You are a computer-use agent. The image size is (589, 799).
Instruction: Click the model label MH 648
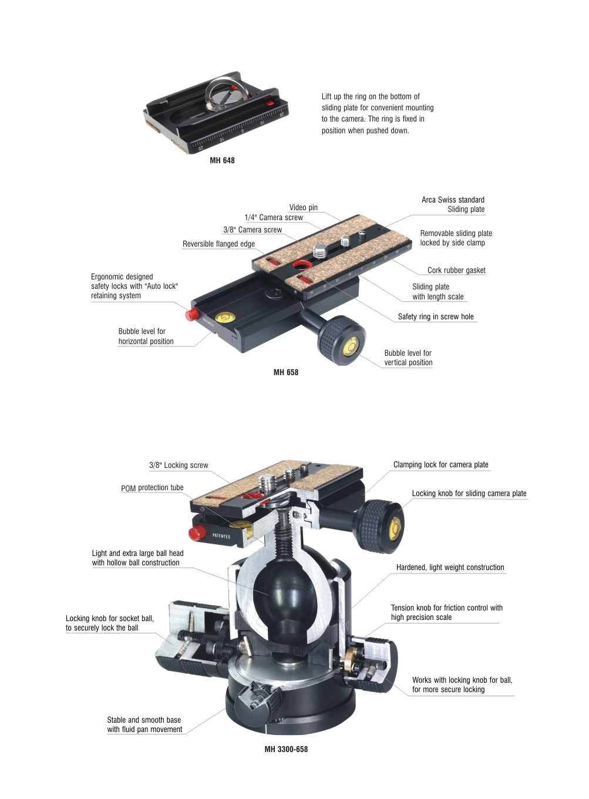click(222, 160)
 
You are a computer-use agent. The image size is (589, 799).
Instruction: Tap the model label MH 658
click(286, 372)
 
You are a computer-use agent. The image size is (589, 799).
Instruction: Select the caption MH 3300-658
click(286, 749)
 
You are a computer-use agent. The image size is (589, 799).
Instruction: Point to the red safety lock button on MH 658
click(192, 314)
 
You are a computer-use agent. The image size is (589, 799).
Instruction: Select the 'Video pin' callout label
click(303, 208)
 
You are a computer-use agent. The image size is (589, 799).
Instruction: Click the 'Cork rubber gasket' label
click(456, 271)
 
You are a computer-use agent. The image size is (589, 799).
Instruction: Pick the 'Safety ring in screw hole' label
click(436, 317)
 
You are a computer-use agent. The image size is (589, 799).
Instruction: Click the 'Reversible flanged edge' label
click(218, 244)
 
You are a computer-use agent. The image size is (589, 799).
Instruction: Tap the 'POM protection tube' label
click(152, 488)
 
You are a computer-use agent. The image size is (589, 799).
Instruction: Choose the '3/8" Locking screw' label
click(179, 465)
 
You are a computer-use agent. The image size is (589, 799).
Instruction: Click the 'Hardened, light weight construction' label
click(450, 568)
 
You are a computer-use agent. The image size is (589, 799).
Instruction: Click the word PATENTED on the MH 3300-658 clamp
click(221, 536)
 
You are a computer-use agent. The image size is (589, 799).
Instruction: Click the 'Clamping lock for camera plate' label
click(441, 465)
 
